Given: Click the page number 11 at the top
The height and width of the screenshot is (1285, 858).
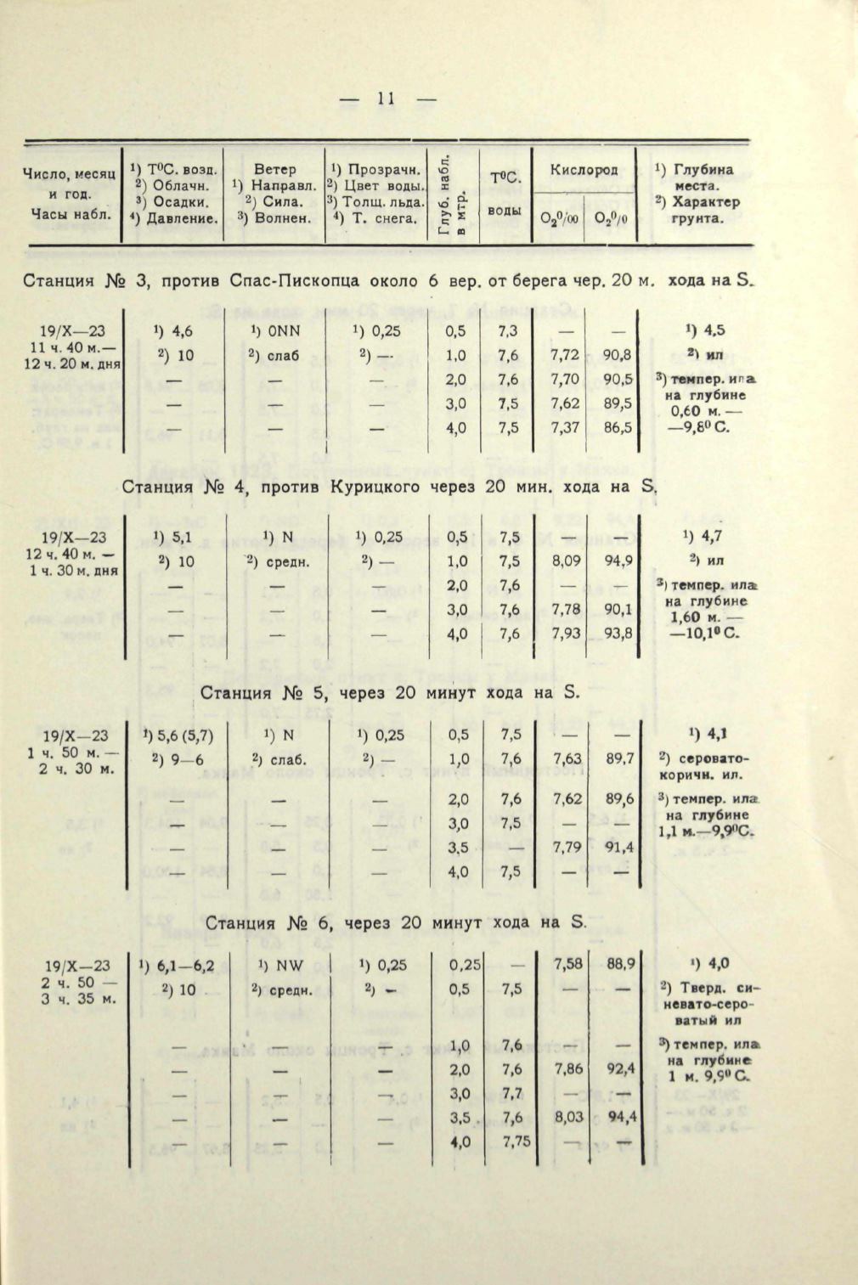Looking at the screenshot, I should (387, 99).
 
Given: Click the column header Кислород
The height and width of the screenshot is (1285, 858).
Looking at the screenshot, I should (584, 170).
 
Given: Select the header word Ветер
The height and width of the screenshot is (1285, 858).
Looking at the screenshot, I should (274, 170).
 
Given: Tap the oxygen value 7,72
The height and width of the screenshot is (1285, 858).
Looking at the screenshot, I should (565, 356).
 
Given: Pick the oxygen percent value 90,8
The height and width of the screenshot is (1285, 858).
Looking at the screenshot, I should (617, 356).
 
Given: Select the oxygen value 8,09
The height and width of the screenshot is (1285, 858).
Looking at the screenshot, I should (567, 561).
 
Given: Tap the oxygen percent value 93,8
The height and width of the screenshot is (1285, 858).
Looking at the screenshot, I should (617, 634).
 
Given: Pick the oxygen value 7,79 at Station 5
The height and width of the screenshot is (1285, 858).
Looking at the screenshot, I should (567, 847).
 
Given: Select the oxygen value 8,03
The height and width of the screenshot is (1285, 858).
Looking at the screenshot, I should (568, 1118).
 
